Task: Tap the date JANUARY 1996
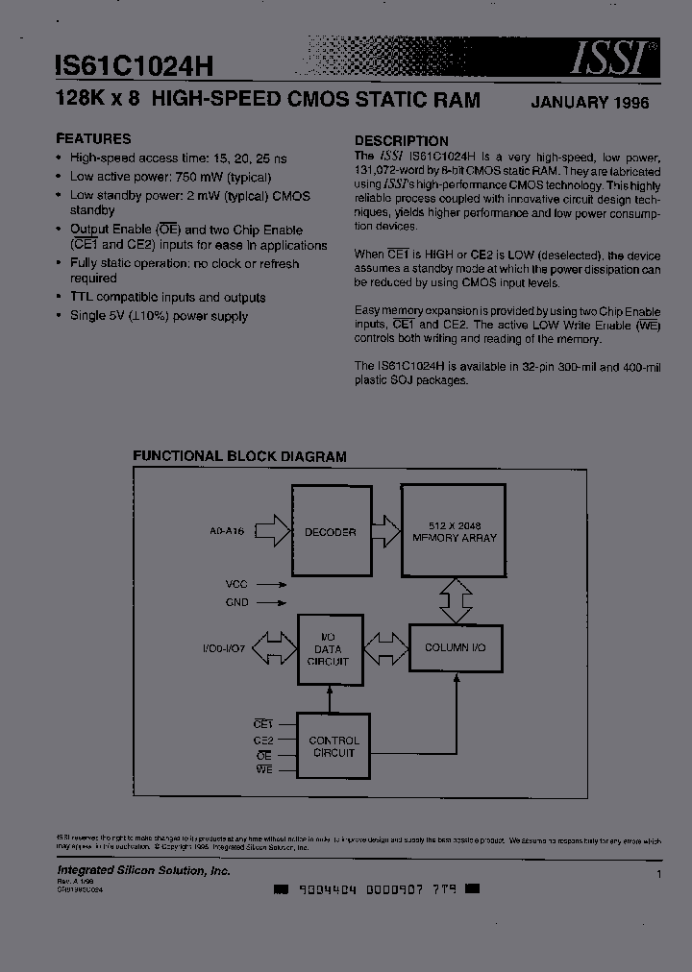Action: [589, 103]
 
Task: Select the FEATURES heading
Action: [93, 138]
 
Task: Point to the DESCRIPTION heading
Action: [401, 140]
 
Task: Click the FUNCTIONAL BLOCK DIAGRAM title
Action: [239, 457]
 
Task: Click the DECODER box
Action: [330, 532]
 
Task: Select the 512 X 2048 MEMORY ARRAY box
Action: [454, 531]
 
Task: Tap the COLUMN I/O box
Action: [455, 648]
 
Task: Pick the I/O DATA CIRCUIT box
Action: [330, 648]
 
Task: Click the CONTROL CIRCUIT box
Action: [334, 746]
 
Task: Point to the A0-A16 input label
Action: [228, 531]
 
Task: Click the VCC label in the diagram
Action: [236, 583]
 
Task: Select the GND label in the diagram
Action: [236, 602]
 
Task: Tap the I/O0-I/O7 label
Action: [225, 648]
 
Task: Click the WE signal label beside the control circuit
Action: [263, 769]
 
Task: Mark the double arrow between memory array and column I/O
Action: [455, 600]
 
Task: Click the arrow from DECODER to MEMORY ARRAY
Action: [385, 531]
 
